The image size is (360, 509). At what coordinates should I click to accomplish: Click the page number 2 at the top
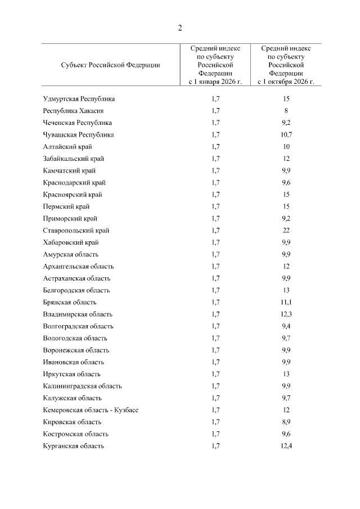[x=180, y=28]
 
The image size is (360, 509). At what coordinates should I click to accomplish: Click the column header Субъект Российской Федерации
[x=110, y=65]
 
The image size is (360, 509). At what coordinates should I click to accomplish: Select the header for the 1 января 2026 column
[x=215, y=65]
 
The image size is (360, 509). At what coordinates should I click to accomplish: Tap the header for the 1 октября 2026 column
[x=286, y=65]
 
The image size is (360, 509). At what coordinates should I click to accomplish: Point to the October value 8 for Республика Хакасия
[x=286, y=111]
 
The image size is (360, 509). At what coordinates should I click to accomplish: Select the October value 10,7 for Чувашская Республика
[x=286, y=135]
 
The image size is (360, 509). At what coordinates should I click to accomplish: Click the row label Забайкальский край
[x=73, y=159]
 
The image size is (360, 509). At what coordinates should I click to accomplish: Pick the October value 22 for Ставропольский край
[x=286, y=231]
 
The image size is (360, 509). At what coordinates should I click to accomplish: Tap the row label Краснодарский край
[x=74, y=183]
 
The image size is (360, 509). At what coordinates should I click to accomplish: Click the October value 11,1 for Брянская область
[x=286, y=303]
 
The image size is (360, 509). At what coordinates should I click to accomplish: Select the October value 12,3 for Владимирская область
[x=286, y=314]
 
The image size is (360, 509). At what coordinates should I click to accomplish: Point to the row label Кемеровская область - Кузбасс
[x=91, y=410]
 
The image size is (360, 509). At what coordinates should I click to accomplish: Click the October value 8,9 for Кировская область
[x=286, y=422]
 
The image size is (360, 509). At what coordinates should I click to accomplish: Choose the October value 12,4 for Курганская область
[x=286, y=446]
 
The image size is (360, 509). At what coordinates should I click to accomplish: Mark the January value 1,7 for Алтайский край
[x=216, y=147]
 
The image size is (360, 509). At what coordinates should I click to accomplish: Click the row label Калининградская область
[x=82, y=386]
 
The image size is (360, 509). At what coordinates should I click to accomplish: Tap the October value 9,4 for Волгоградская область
[x=286, y=326]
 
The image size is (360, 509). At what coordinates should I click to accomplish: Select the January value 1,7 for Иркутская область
[x=216, y=374]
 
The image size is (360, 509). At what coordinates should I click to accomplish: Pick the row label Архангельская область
[x=78, y=267]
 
